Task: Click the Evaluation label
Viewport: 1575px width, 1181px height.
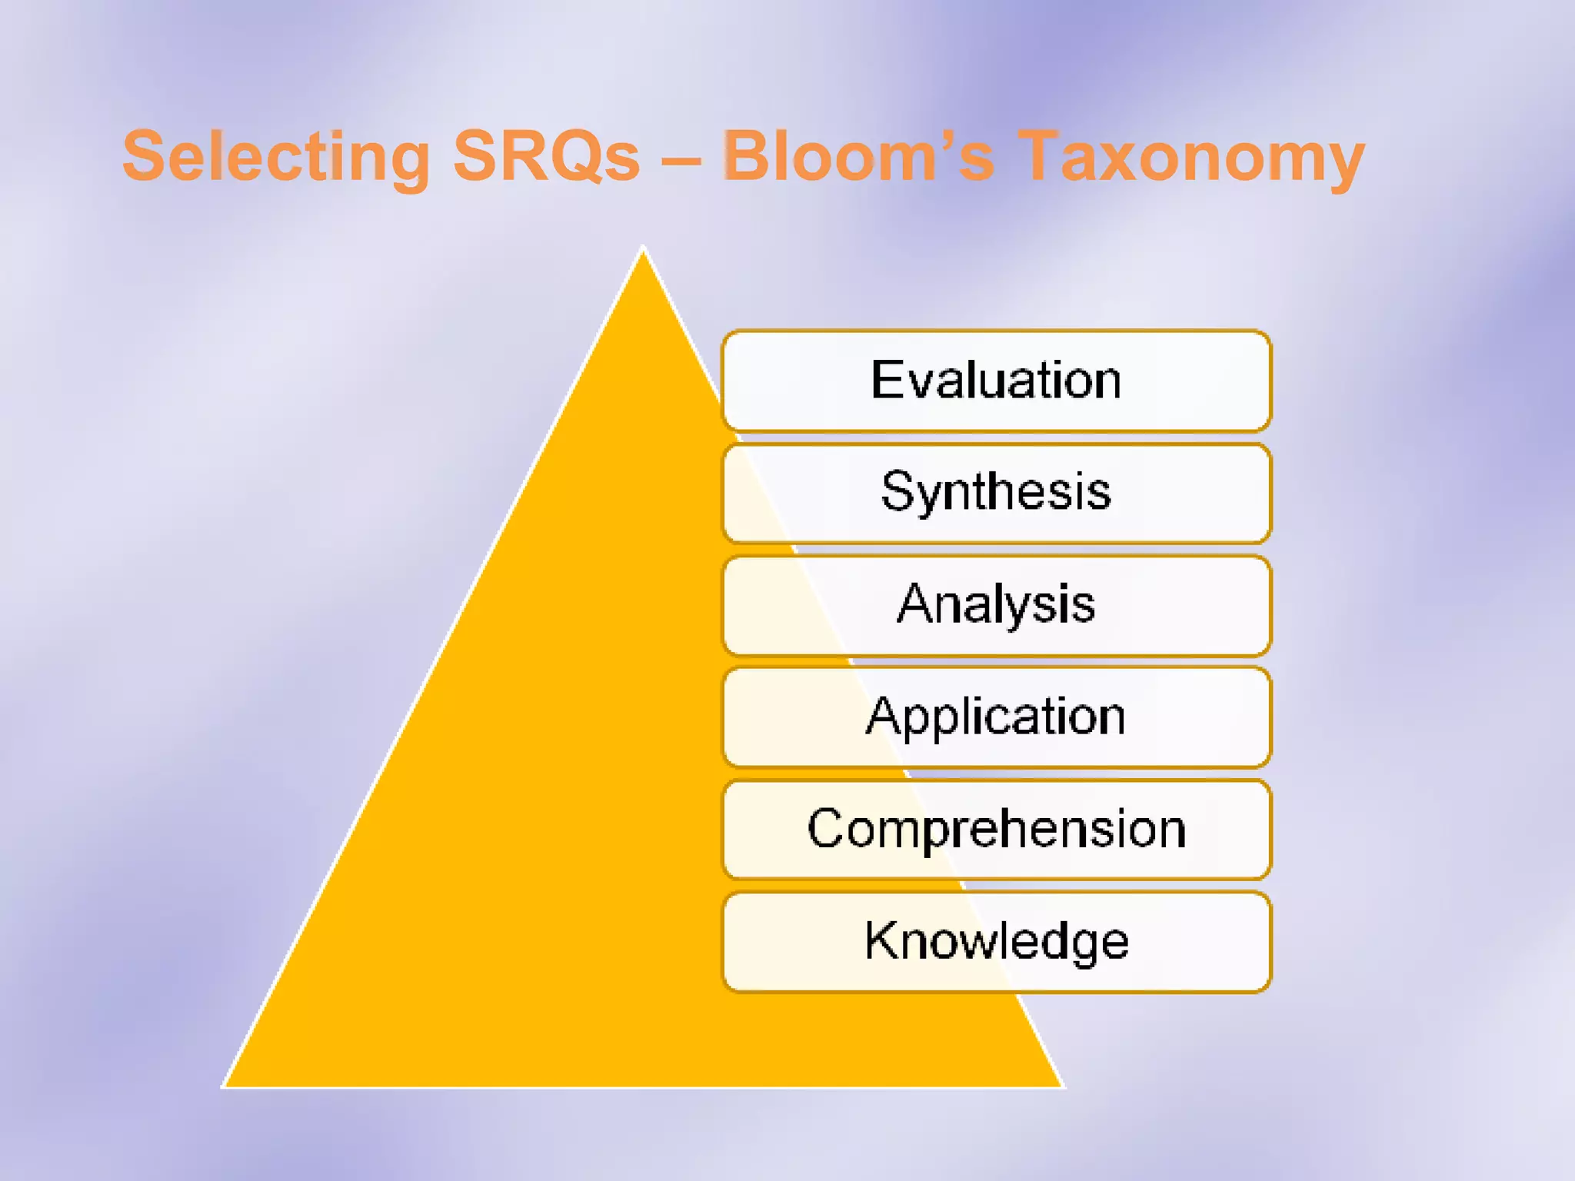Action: click(x=996, y=381)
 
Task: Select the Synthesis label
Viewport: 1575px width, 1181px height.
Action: click(x=996, y=492)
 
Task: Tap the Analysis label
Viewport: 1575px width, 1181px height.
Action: click(x=996, y=604)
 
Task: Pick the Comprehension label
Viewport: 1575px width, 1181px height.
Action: click(x=996, y=829)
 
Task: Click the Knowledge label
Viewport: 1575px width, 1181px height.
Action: click(x=996, y=941)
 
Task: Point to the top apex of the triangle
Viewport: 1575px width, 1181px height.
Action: click(x=643, y=251)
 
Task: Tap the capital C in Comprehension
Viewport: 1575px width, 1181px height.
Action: click(x=827, y=829)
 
